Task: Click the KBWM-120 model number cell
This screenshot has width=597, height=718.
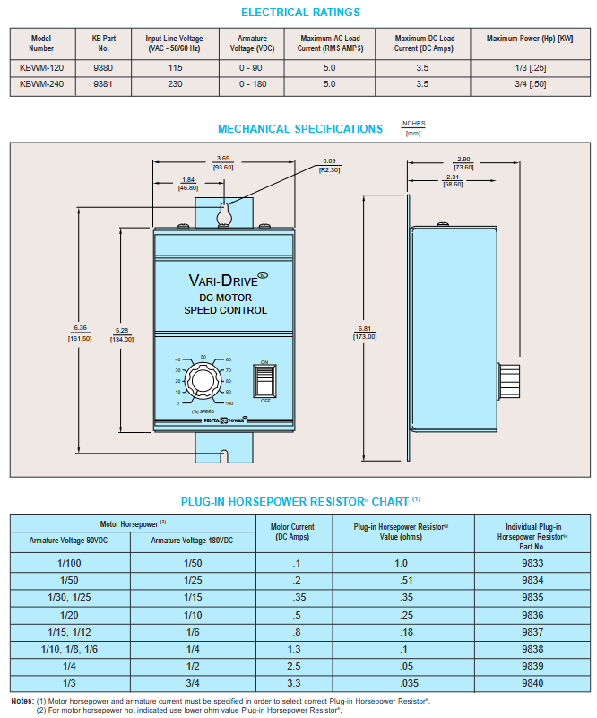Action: point(41,68)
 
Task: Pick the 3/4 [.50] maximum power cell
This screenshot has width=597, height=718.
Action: point(530,84)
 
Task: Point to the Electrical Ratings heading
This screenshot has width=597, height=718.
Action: point(301,13)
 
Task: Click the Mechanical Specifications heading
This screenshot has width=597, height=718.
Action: point(300,129)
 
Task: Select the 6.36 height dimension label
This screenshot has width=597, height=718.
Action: point(80,328)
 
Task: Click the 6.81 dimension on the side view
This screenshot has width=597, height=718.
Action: point(366,329)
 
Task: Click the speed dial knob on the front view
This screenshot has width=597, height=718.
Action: point(204,380)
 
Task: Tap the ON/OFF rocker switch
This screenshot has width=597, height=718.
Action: point(264,380)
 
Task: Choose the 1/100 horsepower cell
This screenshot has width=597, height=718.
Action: point(70,563)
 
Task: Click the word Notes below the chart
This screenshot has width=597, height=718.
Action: point(22,700)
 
